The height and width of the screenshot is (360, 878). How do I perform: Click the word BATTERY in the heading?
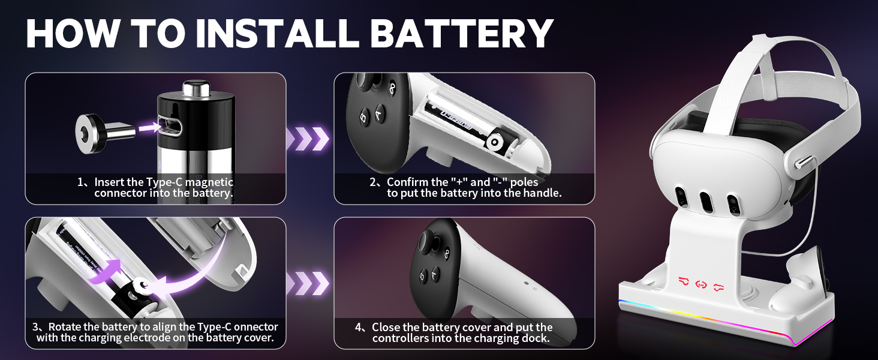[x=461, y=33]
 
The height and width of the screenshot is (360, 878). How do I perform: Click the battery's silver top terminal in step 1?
[x=199, y=89]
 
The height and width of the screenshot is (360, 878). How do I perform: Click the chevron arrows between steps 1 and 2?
[x=308, y=139]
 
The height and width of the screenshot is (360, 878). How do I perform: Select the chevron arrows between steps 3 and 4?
[x=308, y=283]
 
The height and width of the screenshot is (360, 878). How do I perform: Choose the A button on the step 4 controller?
[x=435, y=274]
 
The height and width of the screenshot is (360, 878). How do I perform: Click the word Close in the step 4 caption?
[x=386, y=328]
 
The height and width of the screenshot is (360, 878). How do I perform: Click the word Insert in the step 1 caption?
[x=111, y=182]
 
